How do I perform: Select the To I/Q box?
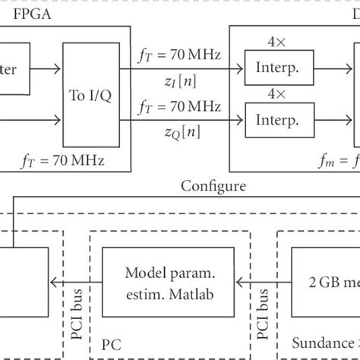click(x=89, y=96)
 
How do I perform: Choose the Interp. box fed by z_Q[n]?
click(x=271, y=119)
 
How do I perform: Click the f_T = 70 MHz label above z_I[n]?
click(x=185, y=55)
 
